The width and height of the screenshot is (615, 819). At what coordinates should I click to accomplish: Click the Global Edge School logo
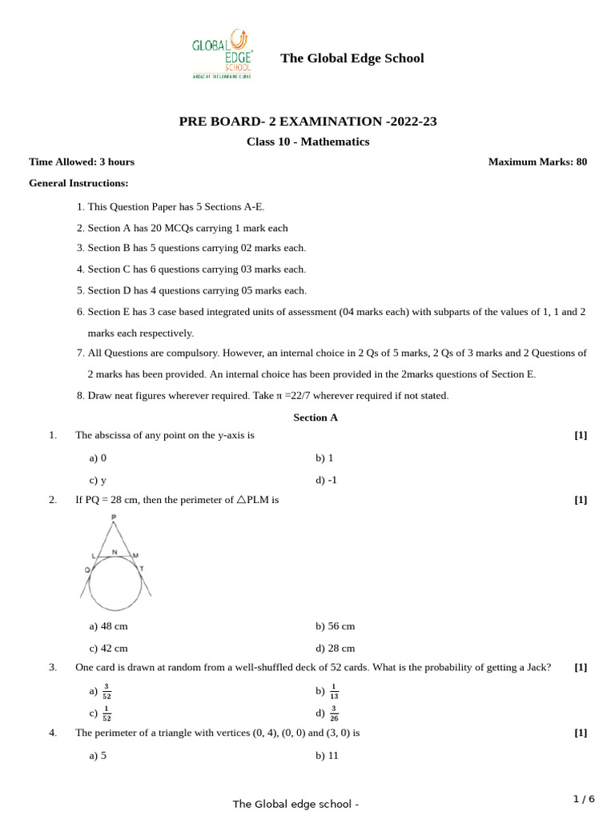coord(222,54)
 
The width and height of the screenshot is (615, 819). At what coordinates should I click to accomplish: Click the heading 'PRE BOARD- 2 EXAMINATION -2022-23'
coord(307,122)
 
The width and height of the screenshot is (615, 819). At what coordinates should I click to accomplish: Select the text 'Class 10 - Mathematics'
coord(307,142)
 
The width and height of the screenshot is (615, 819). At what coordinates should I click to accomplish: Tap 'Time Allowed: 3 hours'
coord(82,162)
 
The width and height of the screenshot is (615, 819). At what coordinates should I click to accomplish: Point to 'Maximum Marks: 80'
coord(537,162)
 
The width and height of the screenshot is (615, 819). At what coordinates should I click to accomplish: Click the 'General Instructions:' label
coord(78,183)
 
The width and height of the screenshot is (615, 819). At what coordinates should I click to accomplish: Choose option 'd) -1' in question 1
coord(326,480)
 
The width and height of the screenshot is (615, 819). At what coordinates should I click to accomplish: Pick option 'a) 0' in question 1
coord(98,457)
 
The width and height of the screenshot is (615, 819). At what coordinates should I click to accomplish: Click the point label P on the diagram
coord(114,518)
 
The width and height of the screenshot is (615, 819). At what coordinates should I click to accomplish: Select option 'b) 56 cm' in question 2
coord(335,626)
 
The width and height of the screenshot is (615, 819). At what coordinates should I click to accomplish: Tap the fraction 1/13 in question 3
coord(334,691)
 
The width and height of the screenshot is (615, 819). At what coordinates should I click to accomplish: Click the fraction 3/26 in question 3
coord(334,713)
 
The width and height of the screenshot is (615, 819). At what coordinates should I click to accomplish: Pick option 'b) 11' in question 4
coord(327,755)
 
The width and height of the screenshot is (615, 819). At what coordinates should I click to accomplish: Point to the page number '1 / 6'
coord(584,799)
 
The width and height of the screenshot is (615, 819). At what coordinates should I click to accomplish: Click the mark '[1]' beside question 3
coord(581,667)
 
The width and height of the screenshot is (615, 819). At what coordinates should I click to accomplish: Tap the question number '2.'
coord(53,500)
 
